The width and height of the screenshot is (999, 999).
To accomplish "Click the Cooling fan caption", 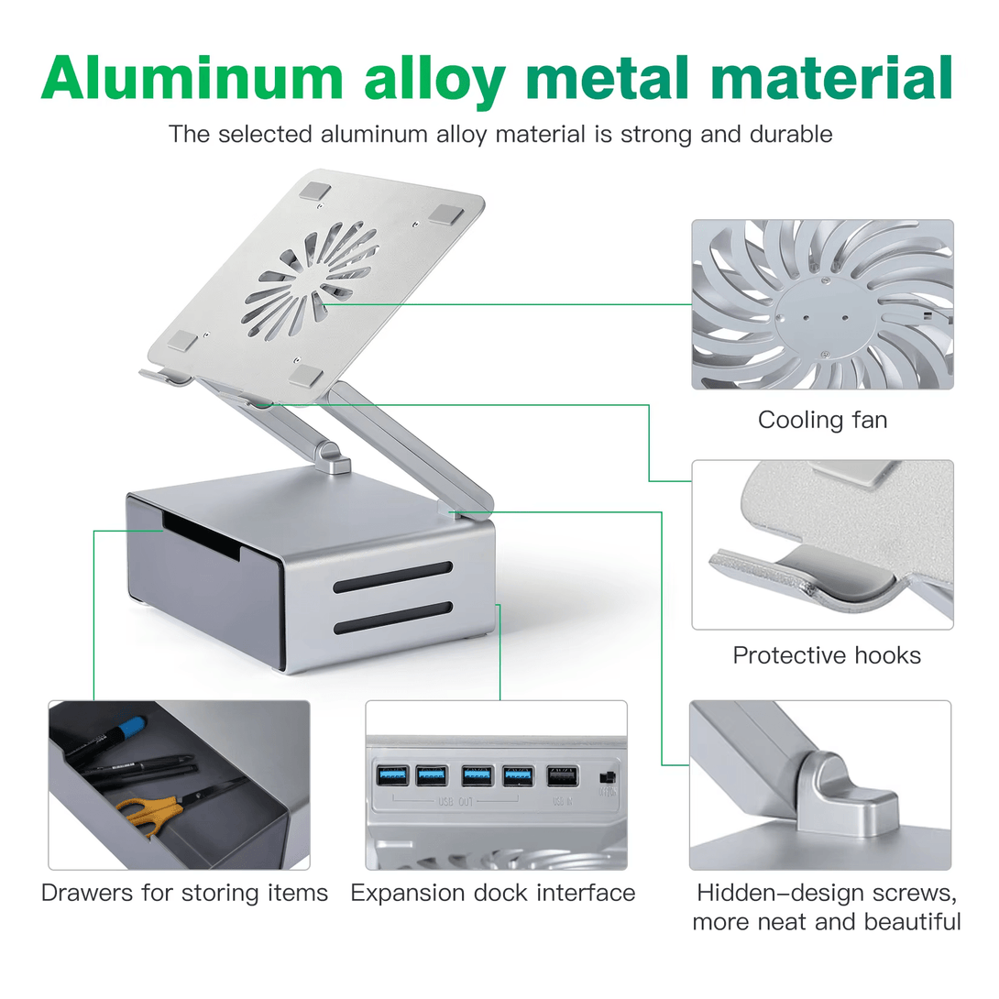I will tap(822, 421).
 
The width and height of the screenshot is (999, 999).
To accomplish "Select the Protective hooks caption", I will tap(827, 655).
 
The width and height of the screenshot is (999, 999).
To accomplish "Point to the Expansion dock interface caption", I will tap(493, 893).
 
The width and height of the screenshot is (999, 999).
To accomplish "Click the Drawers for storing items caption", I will tap(184, 893).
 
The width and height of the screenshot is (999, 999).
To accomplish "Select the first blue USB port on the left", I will tap(387, 775).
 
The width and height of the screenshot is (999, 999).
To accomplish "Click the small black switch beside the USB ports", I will tap(606, 777).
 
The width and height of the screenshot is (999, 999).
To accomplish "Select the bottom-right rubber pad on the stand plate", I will tap(306, 375).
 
